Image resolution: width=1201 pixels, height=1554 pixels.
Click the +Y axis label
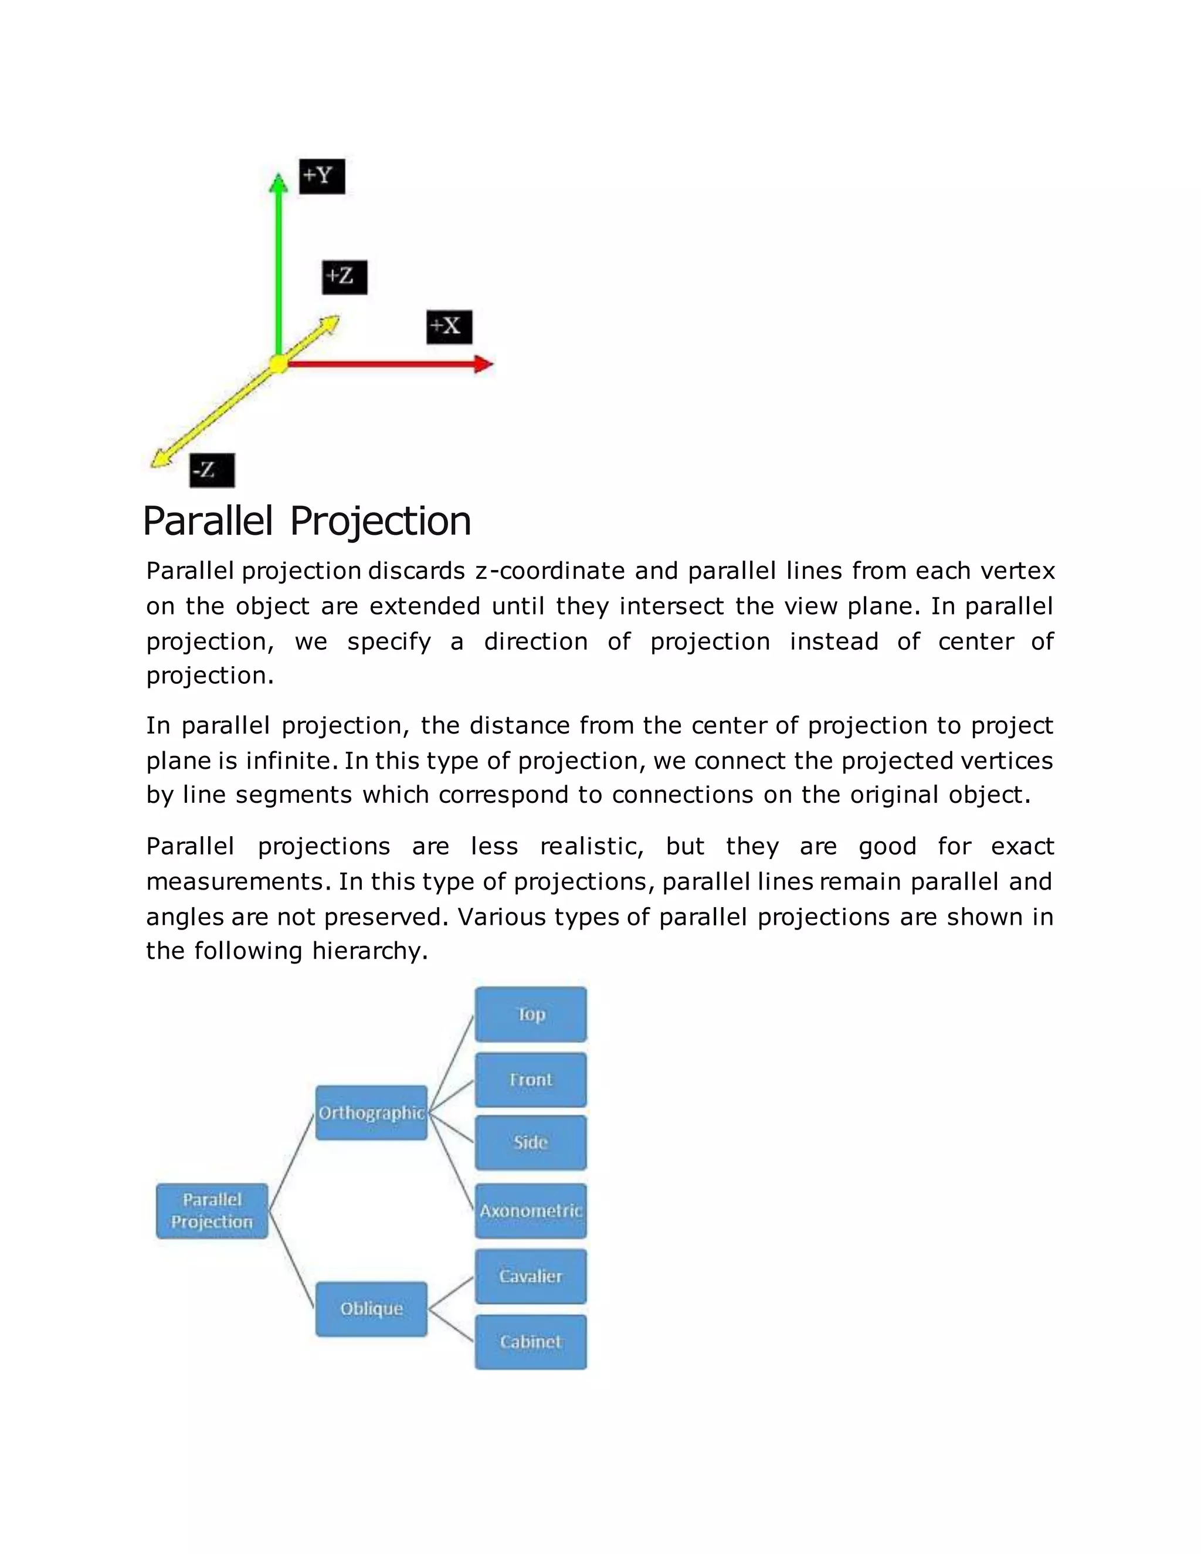coord(321,176)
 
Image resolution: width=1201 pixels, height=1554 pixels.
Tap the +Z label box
coord(344,277)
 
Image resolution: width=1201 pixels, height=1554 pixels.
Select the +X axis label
coord(449,327)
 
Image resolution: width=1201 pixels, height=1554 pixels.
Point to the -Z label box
coord(211,470)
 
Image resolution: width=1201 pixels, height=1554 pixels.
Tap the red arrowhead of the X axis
coord(484,364)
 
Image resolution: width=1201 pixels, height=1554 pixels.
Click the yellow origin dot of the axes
coord(278,364)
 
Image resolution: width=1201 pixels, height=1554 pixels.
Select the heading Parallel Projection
coord(307,521)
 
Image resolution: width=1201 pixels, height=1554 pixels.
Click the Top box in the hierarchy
coord(531,1014)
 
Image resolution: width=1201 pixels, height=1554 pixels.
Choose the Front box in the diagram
coord(531,1080)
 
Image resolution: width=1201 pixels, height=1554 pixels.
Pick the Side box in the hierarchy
coord(531,1143)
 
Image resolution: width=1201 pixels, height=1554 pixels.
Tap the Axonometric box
coord(531,1211)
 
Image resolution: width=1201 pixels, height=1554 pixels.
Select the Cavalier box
coord(531,1277)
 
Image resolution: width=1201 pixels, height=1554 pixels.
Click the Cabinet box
coord(531,1342)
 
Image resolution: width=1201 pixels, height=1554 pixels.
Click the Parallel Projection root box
coord(212,1211)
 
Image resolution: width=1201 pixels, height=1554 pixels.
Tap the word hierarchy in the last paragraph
coord(369,951)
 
